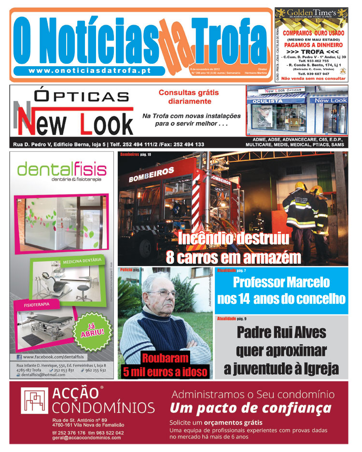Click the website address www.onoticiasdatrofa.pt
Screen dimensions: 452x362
90,71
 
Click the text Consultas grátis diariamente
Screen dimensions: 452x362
189,97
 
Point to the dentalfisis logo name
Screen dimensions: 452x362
61,169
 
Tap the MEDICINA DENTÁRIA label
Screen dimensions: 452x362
82,261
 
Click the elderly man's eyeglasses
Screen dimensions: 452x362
162,293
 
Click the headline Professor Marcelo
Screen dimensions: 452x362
281,282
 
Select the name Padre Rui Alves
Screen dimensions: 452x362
281,332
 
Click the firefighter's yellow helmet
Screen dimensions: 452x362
300,186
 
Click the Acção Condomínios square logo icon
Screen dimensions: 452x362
34,401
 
